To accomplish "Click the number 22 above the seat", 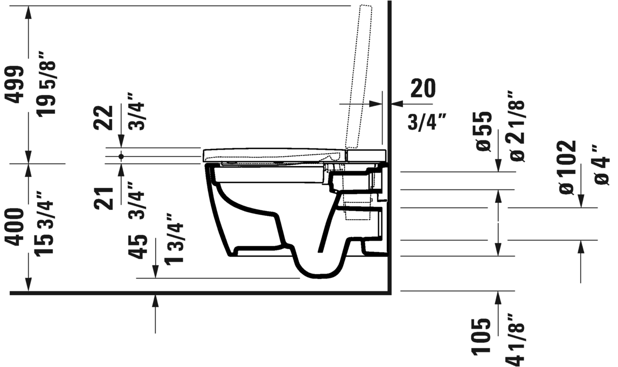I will (103, 118).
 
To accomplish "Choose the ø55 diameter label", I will (483, 131).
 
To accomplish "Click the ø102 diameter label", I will (567, 167).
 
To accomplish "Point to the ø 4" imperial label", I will (602, 164).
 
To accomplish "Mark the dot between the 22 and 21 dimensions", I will (121, 156).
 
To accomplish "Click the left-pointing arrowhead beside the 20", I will (394, 102).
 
